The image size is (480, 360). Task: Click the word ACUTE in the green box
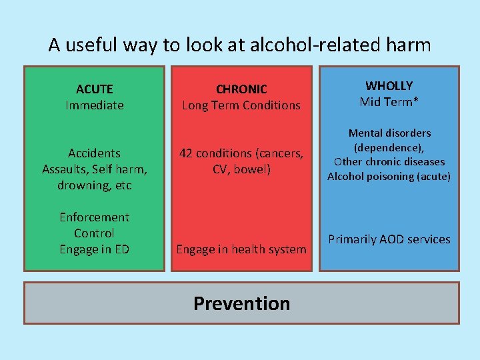(x=95, y=89)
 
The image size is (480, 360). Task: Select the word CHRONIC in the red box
(x=241, y=89)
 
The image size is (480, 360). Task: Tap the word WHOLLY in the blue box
(x=389, y=85)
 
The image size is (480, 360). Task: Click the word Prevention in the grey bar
(x=241, y=303)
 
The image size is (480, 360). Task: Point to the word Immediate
(x=95, y=105)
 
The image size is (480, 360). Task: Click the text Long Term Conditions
(x=241, y=105)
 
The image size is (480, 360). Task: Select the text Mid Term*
(x=389, y=101)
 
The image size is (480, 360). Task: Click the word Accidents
(x=95, y=153)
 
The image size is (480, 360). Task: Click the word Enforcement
(x=95, y=217)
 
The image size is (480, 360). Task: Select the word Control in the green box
(x=95, y=233)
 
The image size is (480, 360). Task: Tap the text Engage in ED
(x=95, y=249)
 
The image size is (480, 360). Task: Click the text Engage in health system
(x=241, y=249)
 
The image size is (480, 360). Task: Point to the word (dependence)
(x=389, y=147)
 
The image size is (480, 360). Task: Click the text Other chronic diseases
(x=389, y=162)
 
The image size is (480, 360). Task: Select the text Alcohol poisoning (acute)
(x=389, y=177)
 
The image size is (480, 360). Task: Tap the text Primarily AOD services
(x=389, y=239)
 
